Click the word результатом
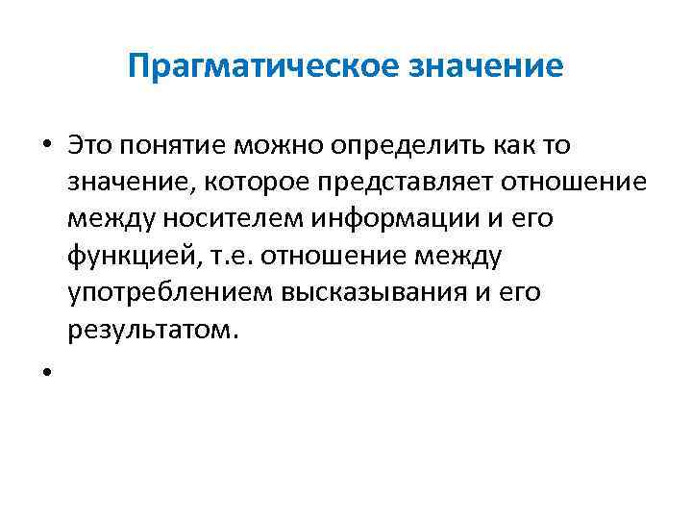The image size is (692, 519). point(149,330)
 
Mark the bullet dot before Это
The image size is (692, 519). point(46,146)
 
